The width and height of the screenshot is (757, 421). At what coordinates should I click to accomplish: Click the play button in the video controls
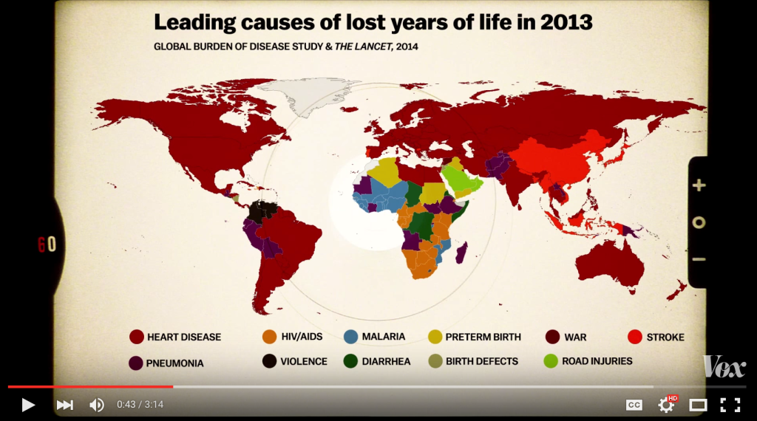tap(28, 405)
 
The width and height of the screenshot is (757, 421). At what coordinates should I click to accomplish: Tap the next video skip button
tap(65, 405)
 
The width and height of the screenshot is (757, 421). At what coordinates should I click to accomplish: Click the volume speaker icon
tap(97, 405)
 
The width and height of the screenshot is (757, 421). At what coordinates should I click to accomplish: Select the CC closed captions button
tap(634, 405)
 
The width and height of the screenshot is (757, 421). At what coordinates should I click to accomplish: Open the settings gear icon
tap(666, 405)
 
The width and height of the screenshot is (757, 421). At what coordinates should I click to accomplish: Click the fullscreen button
tap(730, 405)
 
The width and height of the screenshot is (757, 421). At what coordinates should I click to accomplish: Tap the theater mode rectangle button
tap(698, 405)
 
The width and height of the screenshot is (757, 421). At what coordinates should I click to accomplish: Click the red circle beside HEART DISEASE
tap(136, 337)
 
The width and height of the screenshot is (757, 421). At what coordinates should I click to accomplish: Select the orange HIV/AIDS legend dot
tap(270, 337)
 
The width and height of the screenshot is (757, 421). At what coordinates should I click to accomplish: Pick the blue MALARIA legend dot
tap(351, 337)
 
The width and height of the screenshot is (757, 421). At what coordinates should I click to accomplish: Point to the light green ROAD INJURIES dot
tap(551, 361)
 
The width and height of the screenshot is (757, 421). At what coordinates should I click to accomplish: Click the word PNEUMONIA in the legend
tap(175, 363)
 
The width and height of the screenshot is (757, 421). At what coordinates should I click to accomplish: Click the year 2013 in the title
tap(566, 22)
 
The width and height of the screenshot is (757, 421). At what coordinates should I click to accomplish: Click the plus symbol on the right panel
tap(699, 185)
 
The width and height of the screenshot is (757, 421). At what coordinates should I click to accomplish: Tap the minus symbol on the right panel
tap(699, 259)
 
